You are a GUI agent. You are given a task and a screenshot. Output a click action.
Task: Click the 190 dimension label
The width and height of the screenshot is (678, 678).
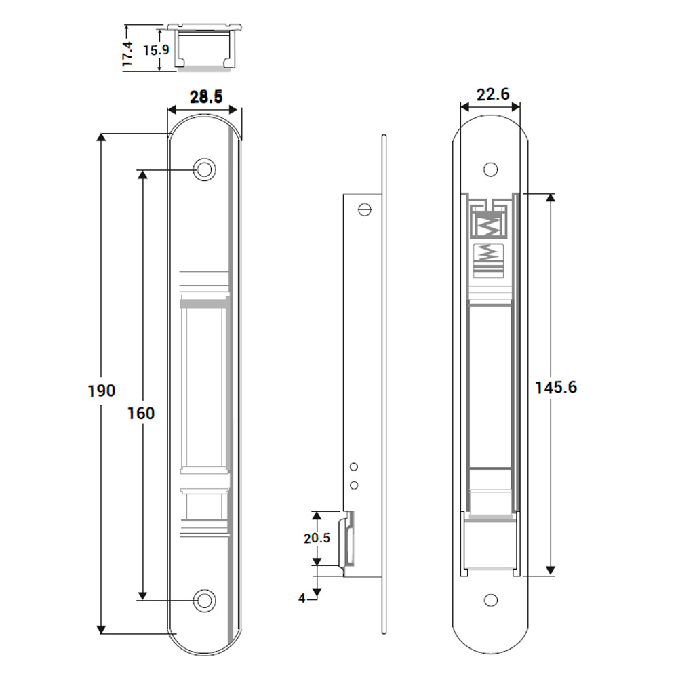pyautogui.click(x=102, y=391)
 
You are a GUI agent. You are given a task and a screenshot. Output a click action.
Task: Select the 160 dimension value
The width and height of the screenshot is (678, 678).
pyautogui.click(x=141, y=412)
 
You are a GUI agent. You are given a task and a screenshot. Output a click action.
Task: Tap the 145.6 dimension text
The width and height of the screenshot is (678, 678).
pyautogui.click(x=556, y=387)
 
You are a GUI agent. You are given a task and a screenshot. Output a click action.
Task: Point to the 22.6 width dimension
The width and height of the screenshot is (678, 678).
pyautogui.click(x=493, y=94)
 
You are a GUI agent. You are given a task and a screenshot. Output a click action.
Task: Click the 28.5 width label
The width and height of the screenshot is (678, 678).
pyautogui.click(x=206, y=98)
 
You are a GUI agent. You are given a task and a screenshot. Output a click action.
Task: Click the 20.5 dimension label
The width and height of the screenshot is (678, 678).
pyautogui.click(x=317, y=538)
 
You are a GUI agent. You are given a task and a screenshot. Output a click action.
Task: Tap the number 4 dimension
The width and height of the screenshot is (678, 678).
pyautogui.click(x=302, y=597)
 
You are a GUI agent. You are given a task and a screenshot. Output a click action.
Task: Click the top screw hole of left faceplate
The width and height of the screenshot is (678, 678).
pyautogui.click(x=203, y=169)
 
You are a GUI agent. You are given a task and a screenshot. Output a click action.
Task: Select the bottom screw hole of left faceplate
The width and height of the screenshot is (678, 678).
pyautogui.click(x=203, y=600)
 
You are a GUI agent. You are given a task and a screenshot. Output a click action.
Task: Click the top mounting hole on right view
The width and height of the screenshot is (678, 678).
pyautogui.click(x=490, y=169)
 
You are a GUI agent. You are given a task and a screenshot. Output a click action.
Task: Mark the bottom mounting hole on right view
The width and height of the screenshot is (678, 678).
pyautogui.click(x=490, y=601)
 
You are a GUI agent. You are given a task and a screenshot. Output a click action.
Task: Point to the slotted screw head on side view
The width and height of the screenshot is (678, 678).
pyautogui.click(x=366, y=210)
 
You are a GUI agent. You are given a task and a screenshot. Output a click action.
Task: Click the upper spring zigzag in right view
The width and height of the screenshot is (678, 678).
pyautogui.click(x=490, y=224)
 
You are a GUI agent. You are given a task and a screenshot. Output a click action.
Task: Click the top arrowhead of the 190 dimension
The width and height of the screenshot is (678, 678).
pyautogui.click(x=102, y=138)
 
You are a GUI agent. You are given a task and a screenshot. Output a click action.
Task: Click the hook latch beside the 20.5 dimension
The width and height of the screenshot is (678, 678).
pyautogui.click(x=349, y=539)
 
